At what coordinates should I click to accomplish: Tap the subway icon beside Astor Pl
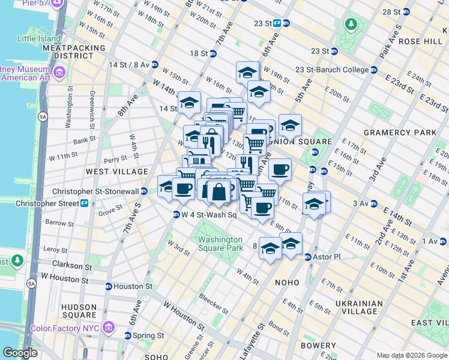coord(308,257)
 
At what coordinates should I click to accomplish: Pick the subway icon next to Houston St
coord(109,287)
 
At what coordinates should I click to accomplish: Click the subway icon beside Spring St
coord(128,335)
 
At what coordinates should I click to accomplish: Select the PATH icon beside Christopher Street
coord(85,203)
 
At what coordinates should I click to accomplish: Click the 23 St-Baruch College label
coord(332,70)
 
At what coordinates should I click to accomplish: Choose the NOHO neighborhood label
coord(287,282)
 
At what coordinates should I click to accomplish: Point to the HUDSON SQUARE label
coord(79,310)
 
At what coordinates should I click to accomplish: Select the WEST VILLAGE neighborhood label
coord(116,172)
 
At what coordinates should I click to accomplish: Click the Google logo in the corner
coord(20,353)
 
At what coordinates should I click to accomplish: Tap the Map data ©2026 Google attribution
coord(412,355)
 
